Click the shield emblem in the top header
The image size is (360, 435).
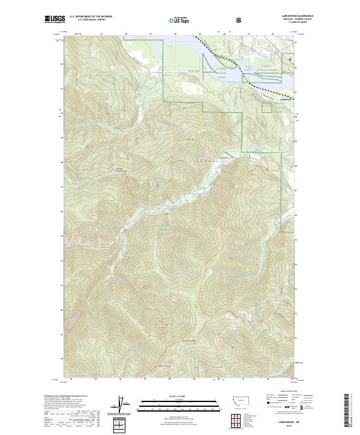click(x=239, y=20)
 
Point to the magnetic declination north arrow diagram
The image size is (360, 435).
click(x=124, y=404)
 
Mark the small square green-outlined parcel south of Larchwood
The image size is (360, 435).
click(x=266, y=107)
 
